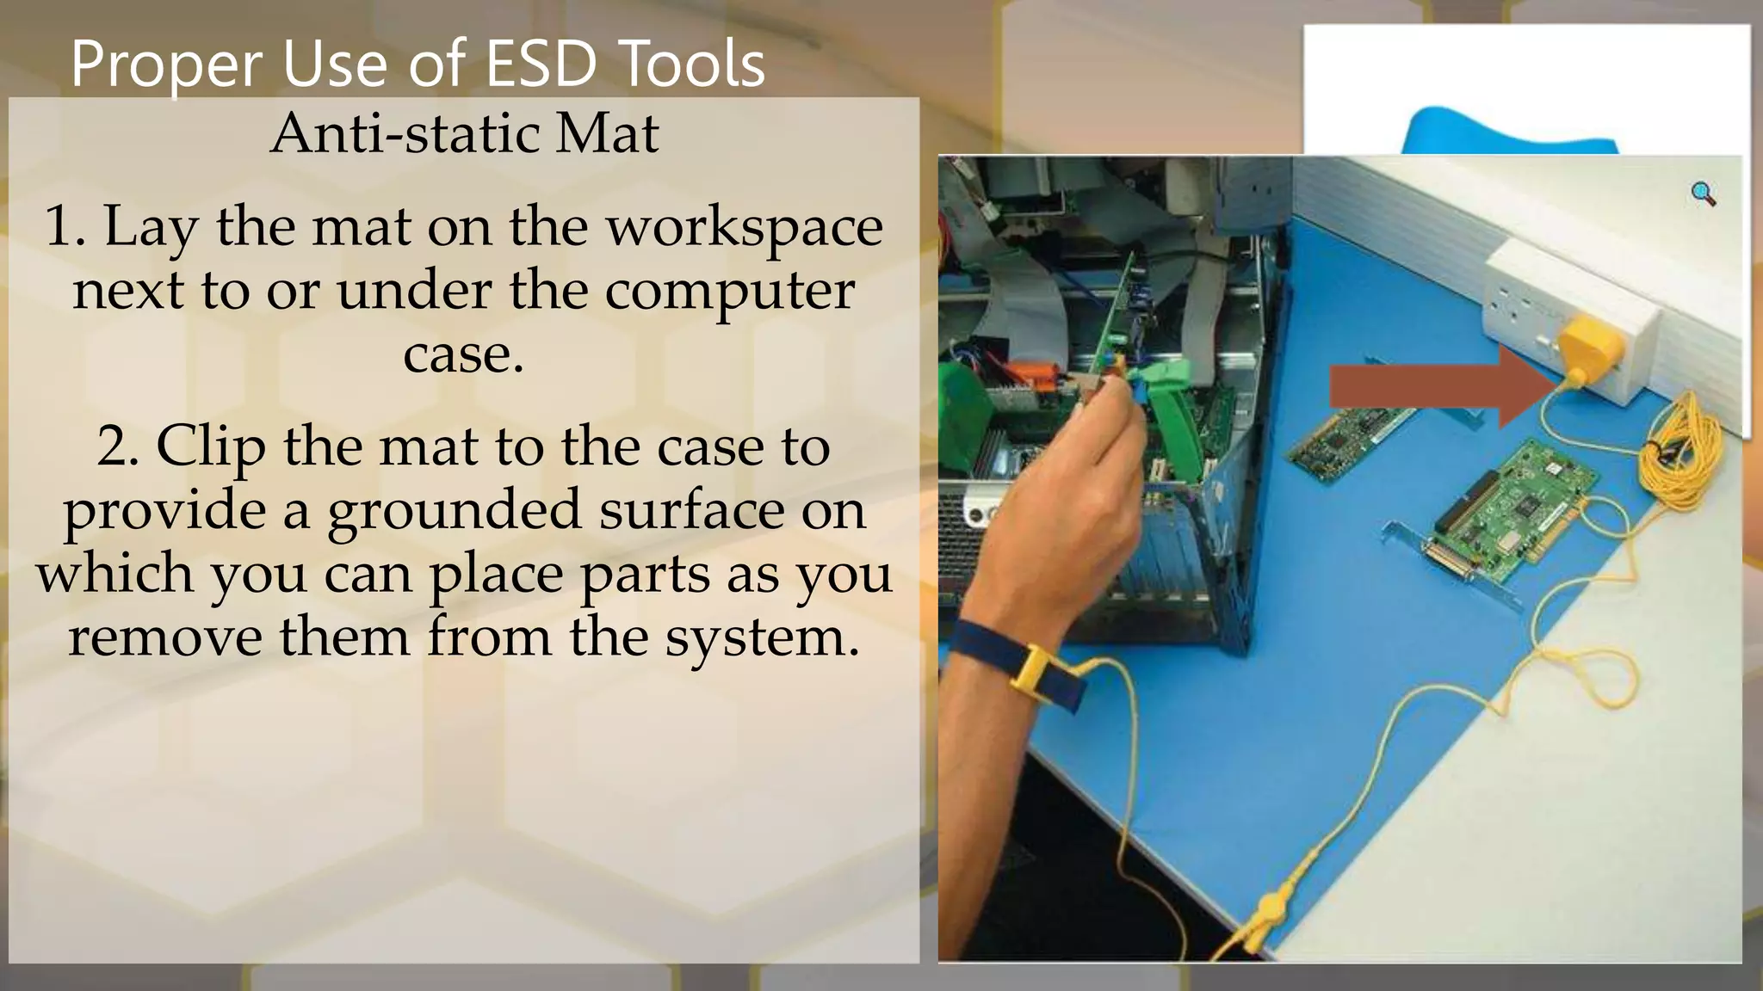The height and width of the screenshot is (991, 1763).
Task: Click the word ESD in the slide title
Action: tap(541, 65)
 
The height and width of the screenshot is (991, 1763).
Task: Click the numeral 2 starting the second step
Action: tap(115, 447)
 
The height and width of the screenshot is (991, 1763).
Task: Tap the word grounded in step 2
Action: tap(454, 511)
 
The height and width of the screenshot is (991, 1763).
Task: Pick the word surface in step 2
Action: tap(691, 511)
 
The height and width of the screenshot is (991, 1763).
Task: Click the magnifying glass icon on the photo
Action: tap(1703, 194)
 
